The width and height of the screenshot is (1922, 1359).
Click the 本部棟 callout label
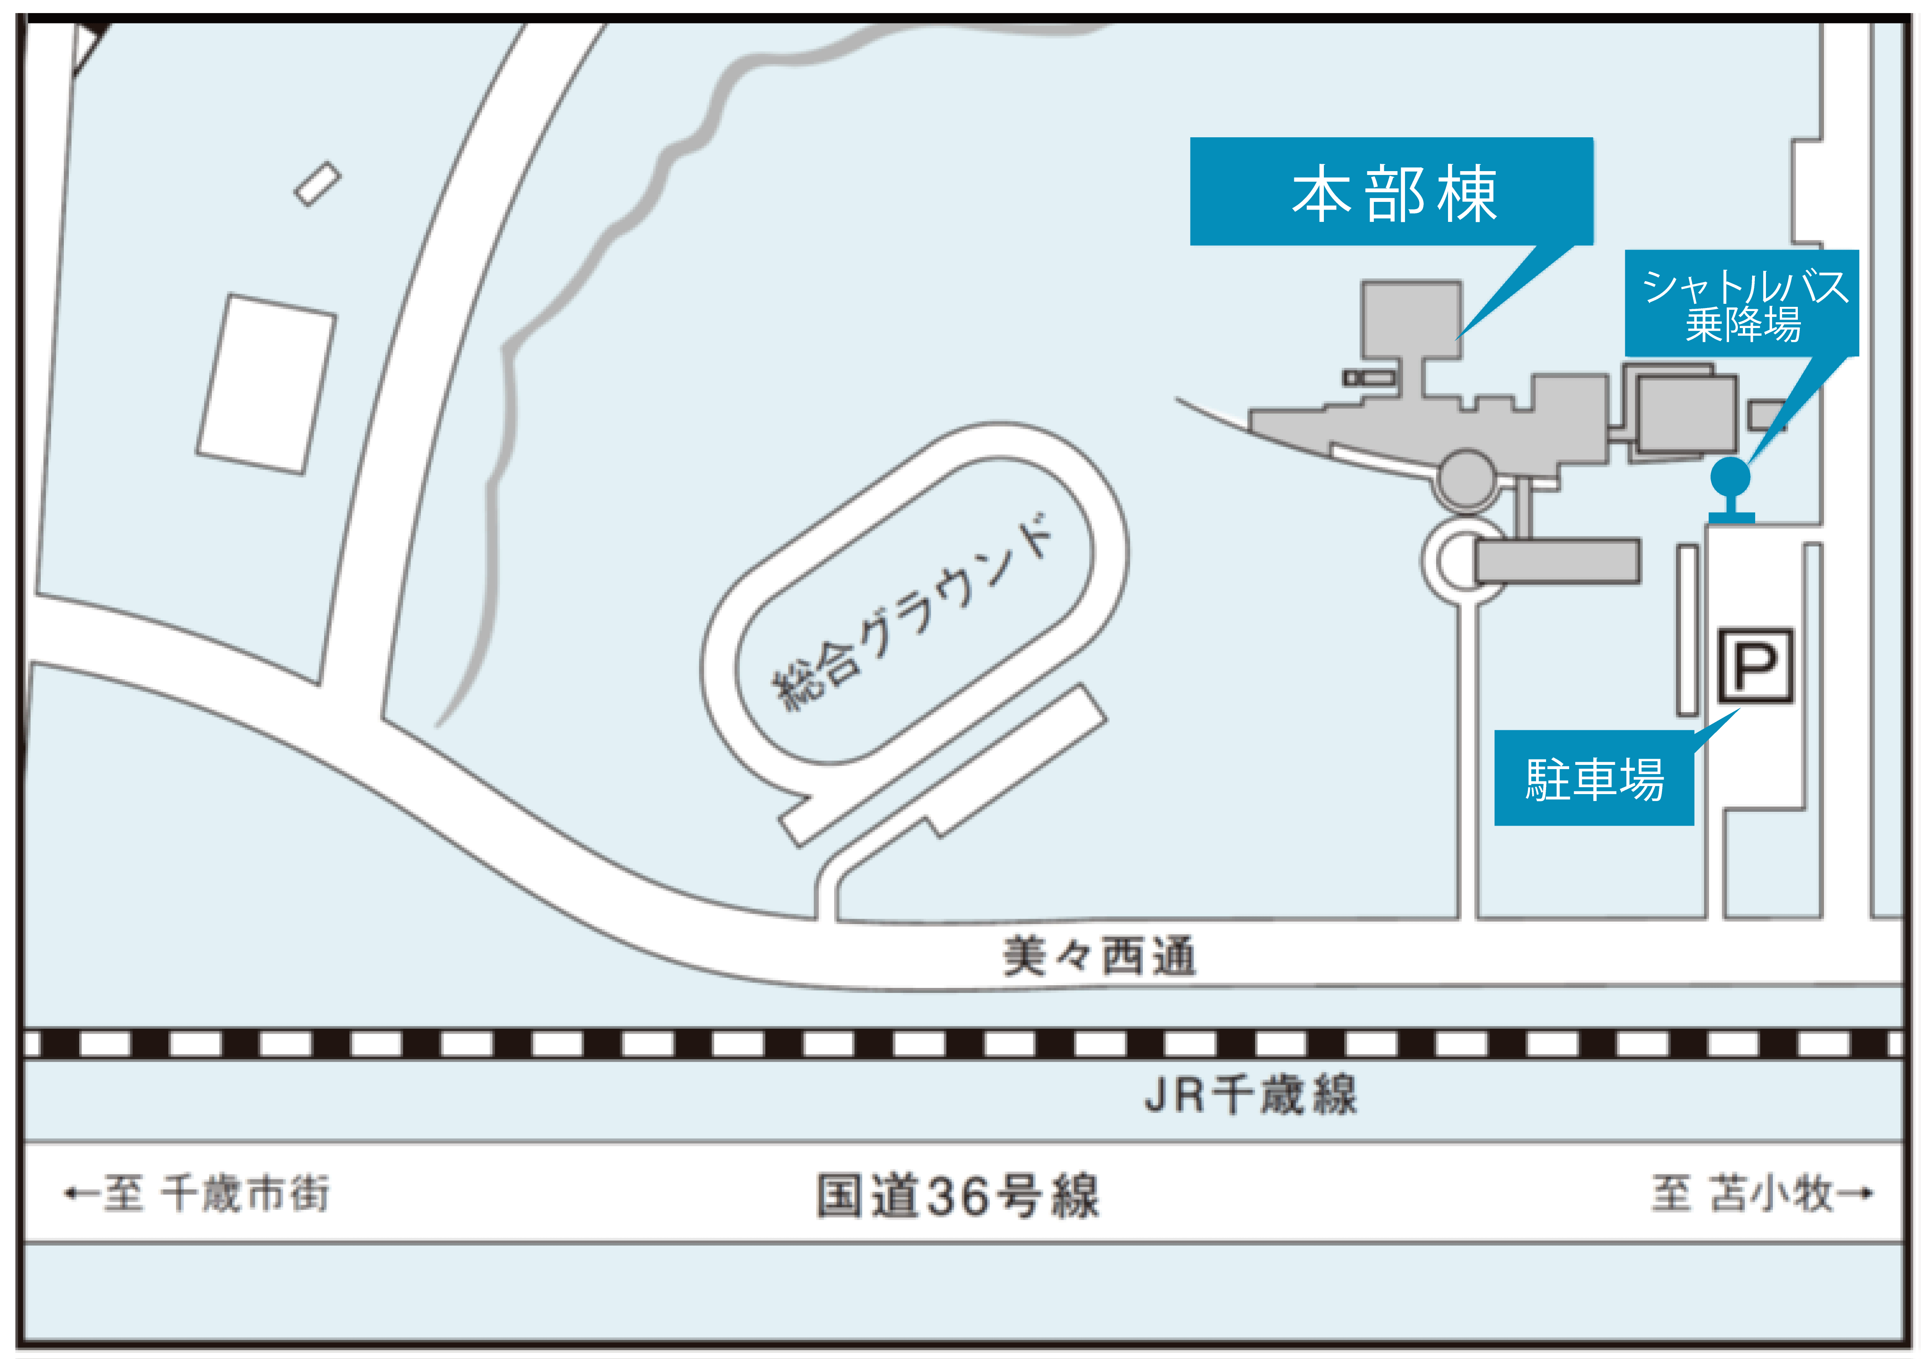[1391, 192]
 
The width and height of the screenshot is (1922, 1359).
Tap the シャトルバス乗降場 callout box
[1742, 303]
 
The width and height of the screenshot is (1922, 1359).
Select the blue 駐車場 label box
[1594, 778]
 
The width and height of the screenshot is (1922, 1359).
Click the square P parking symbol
[1756, 666]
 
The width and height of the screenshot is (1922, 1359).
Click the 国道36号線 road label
[958, 1195]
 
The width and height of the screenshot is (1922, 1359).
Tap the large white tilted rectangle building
[266, 384]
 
